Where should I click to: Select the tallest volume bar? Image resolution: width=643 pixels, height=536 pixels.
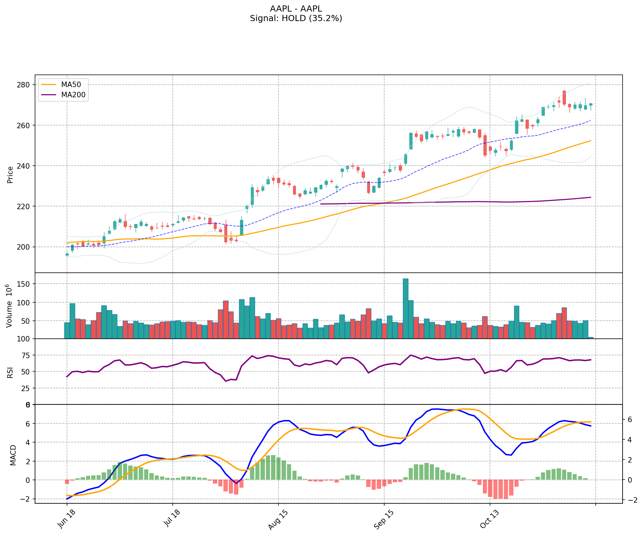pyautogui.click(x=406, y=308)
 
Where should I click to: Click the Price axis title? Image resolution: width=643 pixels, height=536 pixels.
pyautogui.click(x=10, y=175)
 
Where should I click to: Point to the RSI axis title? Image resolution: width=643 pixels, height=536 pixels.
pyautogui.click(x=10, y=372)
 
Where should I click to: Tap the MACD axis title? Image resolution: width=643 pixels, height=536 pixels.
pyautogui.click(x=13, y=455)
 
